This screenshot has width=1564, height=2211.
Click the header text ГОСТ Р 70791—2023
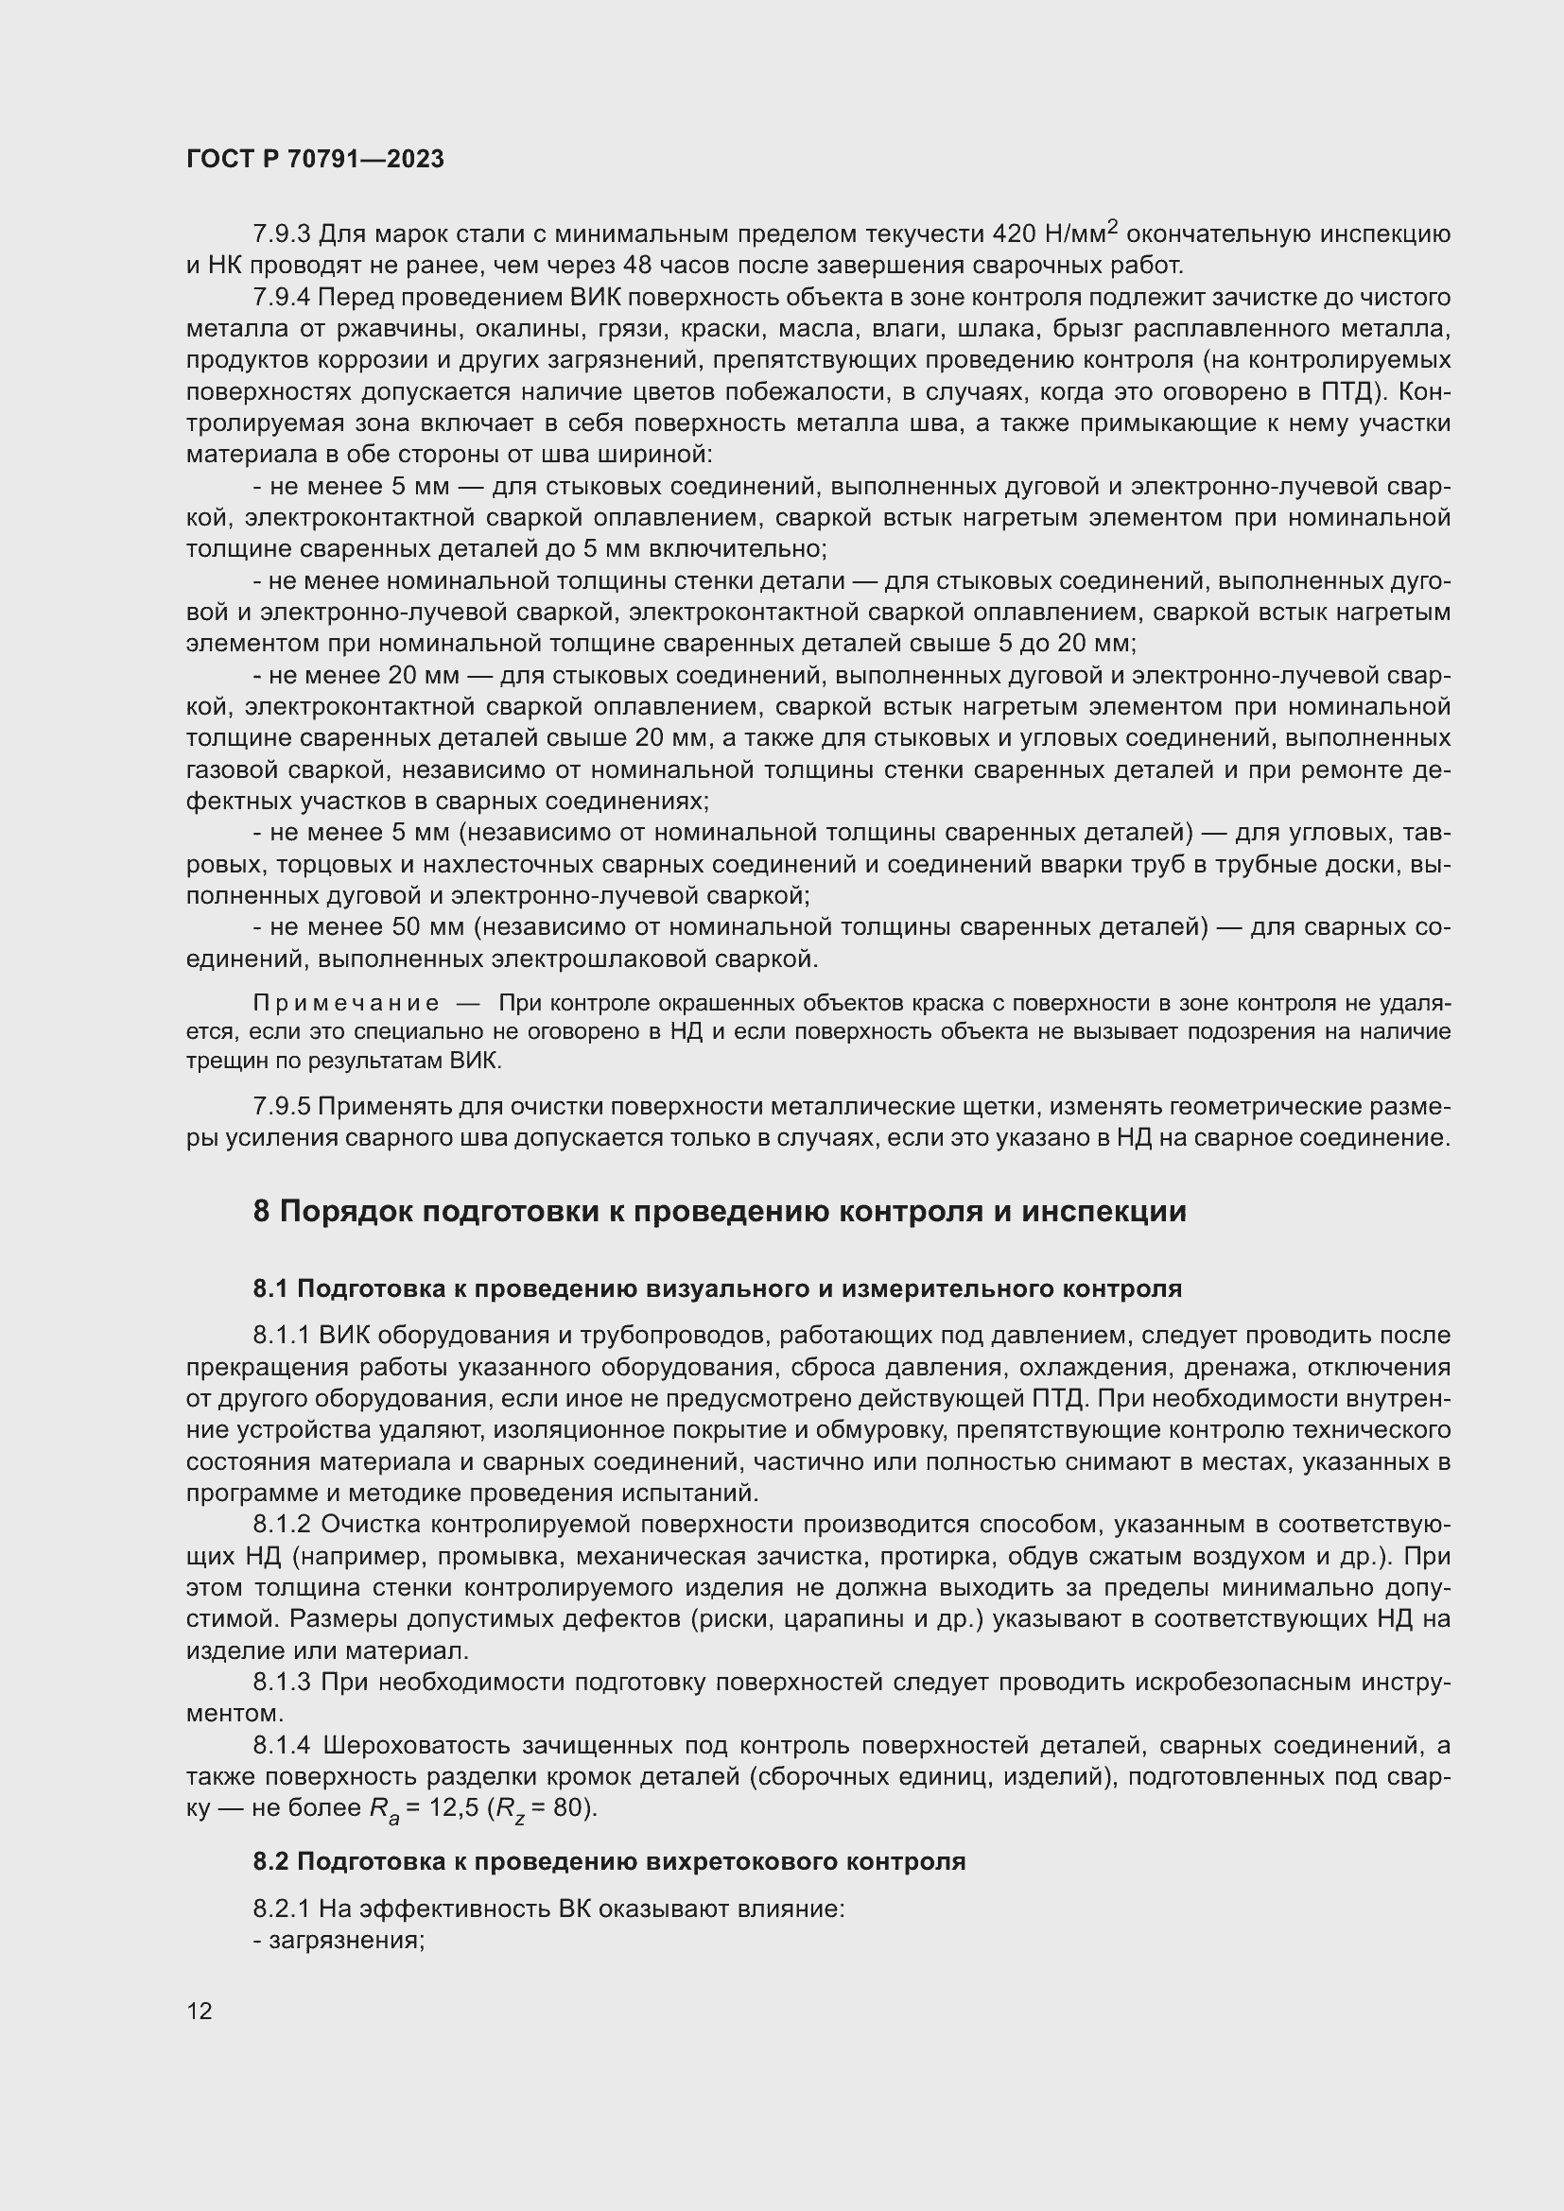(315, 160)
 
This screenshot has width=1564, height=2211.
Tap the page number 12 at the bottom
(200, 2011)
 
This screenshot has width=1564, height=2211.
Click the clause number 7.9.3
(281, 234)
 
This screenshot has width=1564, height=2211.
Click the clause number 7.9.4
(281, 297)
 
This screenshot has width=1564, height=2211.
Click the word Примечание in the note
(346, 1004)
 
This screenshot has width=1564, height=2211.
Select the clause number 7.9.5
(281, 1107)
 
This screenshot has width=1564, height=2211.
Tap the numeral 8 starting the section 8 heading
(261, 1212)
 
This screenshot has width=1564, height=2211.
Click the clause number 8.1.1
(281, 1336)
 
